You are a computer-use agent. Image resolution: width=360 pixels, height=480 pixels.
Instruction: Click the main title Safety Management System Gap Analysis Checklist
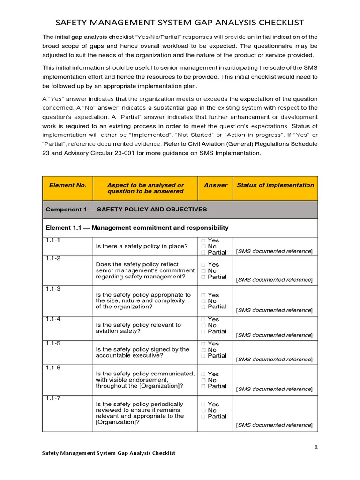(180, 22)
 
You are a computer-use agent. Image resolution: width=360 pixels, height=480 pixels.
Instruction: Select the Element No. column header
(67, 185)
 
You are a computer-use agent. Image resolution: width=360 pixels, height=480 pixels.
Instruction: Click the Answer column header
(216, 185)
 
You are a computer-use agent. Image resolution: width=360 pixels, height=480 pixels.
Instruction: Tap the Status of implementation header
(275, 185)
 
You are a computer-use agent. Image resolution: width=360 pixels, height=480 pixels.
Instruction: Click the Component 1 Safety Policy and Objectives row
(126, 210)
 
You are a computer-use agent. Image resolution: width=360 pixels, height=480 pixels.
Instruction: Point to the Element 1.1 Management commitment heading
(137, 228)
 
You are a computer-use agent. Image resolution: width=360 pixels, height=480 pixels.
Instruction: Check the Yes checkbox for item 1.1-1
(204, 240)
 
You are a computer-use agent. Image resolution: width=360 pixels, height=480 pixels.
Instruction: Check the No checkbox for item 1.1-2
(204, 271)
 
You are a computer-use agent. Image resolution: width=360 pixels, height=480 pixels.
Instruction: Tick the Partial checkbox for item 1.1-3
(204, 307)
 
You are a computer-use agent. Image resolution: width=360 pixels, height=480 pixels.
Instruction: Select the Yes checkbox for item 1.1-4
(204, 320)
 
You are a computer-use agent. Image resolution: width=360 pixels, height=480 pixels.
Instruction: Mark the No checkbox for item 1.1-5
(204, 350)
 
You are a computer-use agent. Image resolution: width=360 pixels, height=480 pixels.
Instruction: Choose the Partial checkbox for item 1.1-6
(204, 386)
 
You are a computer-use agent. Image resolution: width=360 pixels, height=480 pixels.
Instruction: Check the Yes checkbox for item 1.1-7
(204, 404)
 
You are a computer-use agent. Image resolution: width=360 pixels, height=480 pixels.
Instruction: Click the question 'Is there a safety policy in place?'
(142, 246)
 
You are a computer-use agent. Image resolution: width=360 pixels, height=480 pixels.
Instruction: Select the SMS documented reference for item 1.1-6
(274, 389)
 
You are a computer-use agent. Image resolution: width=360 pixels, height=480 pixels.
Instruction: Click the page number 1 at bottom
(316, 447)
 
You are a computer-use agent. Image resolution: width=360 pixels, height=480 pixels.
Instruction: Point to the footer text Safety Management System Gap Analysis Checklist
(109, 453)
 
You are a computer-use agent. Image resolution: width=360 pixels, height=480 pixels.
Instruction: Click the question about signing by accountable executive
(142, 352)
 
